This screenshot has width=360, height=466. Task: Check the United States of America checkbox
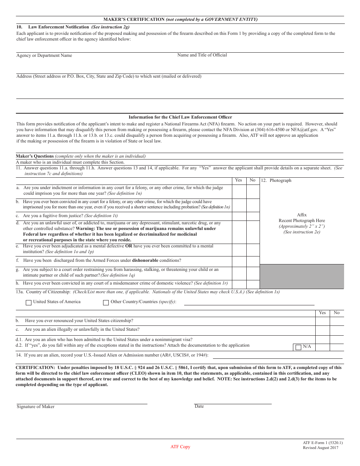click(28, 303)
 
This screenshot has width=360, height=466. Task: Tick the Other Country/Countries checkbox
click(106, 303)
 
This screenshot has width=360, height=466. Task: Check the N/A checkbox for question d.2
click(298, 347)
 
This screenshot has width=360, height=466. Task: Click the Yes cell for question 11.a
click(239, 191)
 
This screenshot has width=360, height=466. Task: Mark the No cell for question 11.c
click(253, 216)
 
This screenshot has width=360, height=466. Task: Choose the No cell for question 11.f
click(253, 261)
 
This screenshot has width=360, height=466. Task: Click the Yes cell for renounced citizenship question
click(322, 321)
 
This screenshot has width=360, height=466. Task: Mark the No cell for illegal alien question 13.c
click(337, 330)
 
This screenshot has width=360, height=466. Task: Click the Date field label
click(199, 407)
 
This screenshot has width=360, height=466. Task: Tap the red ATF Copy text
click(180, 447)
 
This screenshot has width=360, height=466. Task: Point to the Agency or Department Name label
click(44, 56)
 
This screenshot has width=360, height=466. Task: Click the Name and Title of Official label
click(202, 55)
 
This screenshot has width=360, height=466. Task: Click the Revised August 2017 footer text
click(321, 448)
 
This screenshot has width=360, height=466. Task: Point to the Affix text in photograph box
click(302, 215)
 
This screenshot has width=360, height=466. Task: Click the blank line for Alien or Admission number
click(277, 357)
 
